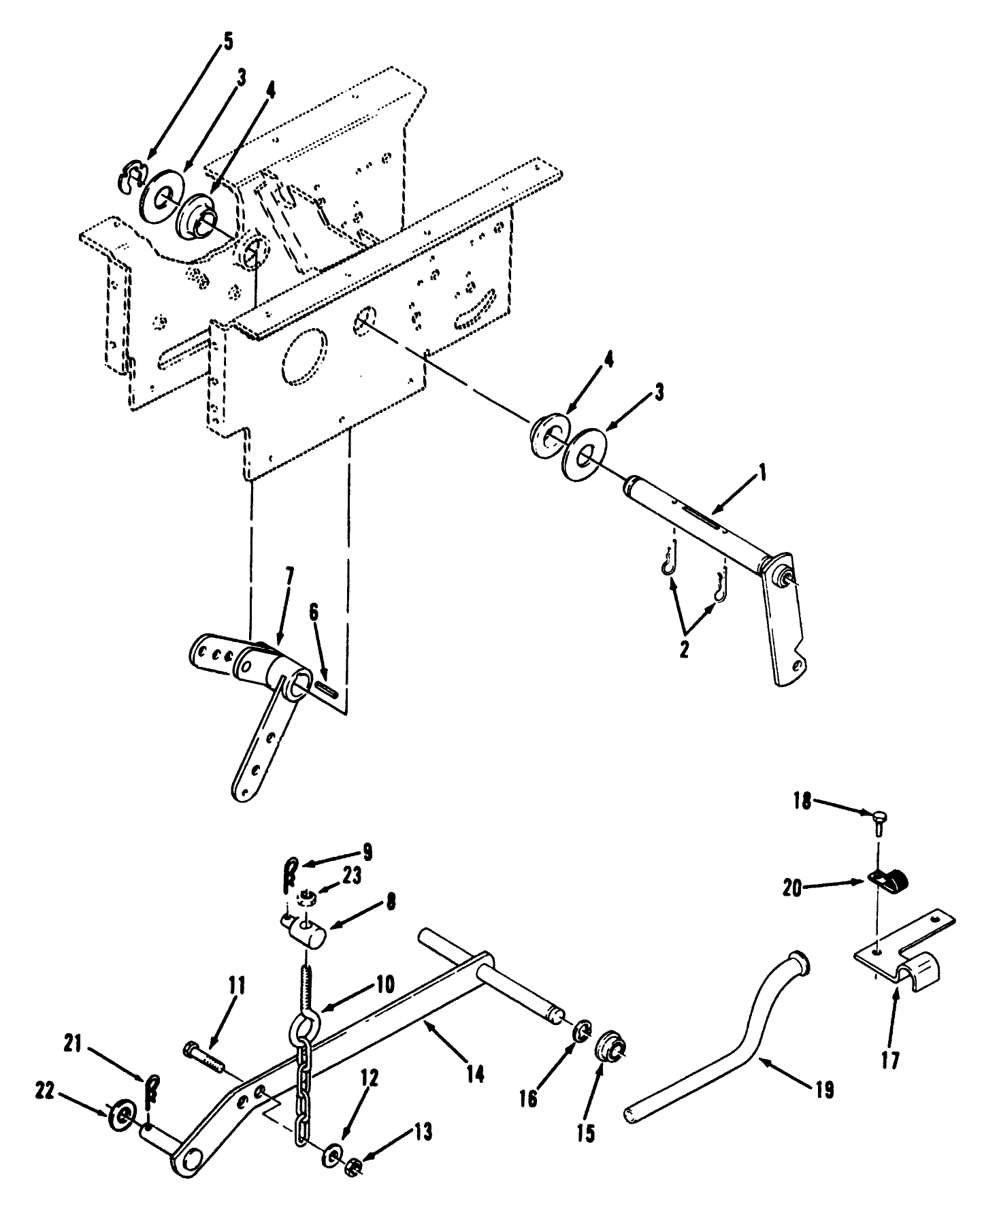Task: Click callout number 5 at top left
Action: pyautogui.click(x=227, y=42)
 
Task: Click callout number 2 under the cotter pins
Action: pyautogui.click(x=684, y=649)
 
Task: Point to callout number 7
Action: pyautogui.click(x=290, y=577)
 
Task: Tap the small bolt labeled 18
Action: pyautogui.click(x=878, y=815)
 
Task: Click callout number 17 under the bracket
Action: pyautogui.click(x=889, y=1060)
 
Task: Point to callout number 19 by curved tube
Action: pyautogui.click(x=824, y=1090)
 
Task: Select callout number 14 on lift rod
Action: pyautogui.click(x=475, y=1074)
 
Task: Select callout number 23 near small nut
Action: pyautogui.click(x=352, y=877)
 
